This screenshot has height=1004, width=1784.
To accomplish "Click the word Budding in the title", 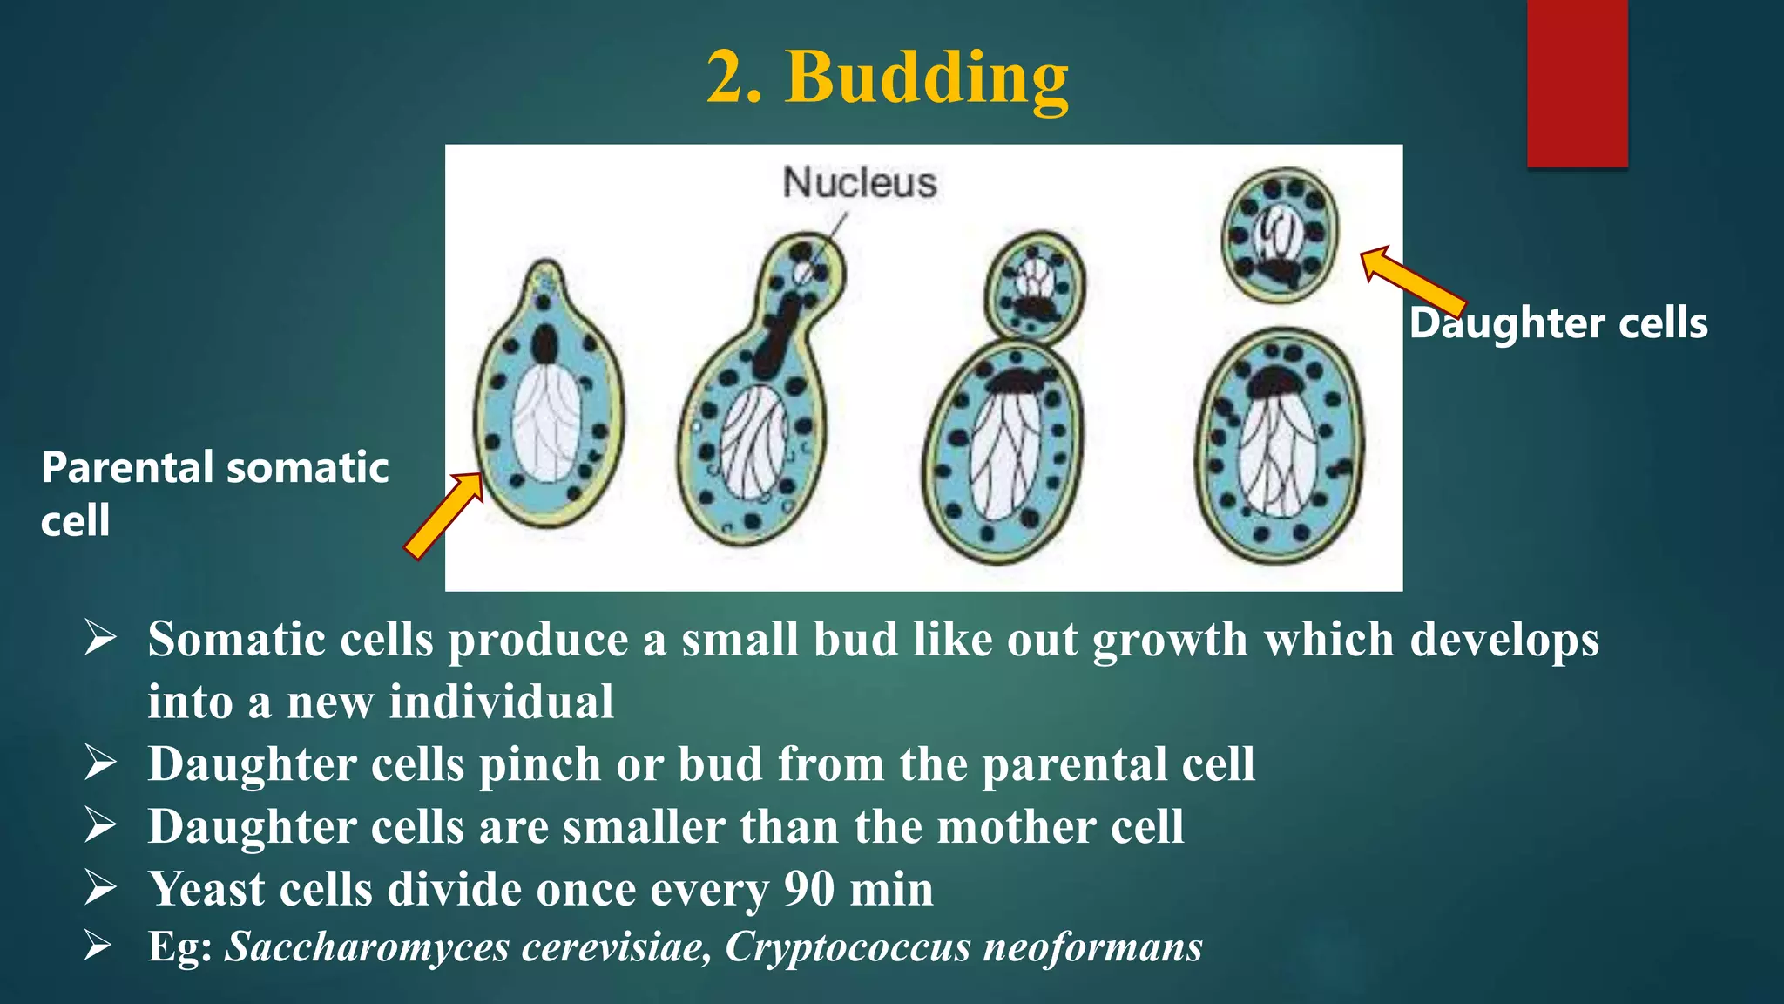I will (927, 78).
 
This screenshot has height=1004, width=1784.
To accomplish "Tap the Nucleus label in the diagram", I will (860, 183).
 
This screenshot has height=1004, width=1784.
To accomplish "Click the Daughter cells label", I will (1558, 323).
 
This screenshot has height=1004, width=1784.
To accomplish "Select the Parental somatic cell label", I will (214, 493).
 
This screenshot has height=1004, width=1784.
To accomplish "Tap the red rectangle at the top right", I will (1577, 83).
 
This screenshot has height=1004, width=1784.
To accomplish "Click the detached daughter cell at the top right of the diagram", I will (1280, 234).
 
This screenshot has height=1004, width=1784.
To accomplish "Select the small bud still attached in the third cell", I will (1035, 288).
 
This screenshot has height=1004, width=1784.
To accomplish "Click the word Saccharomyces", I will (367, 947).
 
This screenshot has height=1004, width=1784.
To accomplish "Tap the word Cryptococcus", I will (848, 947).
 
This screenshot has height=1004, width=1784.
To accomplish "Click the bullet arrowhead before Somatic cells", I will (100, 639).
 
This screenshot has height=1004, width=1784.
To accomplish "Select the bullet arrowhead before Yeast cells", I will (100, 888).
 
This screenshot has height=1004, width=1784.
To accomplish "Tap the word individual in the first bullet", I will (501, 702).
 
